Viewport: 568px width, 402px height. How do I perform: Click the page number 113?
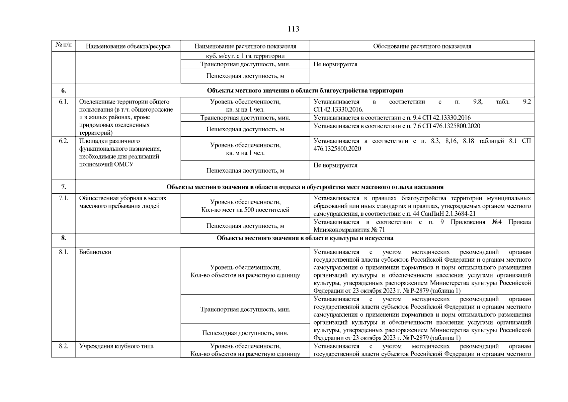(x=293, y=29)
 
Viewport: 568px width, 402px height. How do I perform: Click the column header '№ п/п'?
(x=63, y=45)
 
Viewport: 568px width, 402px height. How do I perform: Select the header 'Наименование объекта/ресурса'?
(x=128, y=46)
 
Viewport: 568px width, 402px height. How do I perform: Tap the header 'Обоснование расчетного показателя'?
(x=422, y=46)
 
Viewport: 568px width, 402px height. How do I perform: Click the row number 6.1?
(x=63, y=102)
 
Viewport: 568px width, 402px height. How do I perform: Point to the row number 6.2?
(x=63, y=141)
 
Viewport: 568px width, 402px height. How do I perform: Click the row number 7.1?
(x=63, y=198)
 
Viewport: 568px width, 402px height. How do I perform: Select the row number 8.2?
(x=63, y=346)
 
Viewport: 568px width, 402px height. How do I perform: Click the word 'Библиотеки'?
(x=95, y=252)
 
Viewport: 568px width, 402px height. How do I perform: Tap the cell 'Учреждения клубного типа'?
(x=116, y=346)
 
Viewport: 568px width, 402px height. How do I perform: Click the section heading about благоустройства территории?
(x=305, y=90)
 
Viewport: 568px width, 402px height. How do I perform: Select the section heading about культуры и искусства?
(x=305, y=238)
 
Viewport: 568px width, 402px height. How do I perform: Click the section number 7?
(x=63, y=187)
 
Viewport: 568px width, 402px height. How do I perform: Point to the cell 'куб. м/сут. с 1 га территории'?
(x=245, y=56)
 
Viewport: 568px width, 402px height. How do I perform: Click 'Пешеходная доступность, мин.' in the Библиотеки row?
(x=245, y=333)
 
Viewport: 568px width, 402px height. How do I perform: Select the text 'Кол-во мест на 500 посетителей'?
(x=245, y=210)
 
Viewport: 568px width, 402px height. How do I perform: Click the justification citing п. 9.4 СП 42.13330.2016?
(x=392, y=118)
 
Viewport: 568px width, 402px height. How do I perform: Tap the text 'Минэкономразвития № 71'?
(x=349, y=230)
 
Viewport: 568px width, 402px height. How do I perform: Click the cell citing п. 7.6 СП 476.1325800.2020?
(x=397, y=126)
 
